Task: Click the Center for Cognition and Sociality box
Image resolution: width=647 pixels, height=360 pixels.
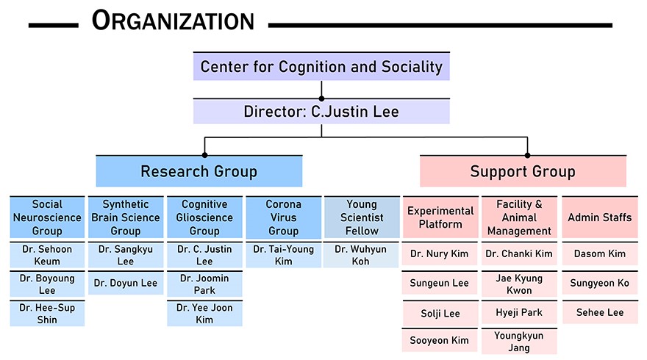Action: coord(321,68)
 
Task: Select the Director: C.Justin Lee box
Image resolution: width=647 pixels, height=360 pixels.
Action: coord(321,112)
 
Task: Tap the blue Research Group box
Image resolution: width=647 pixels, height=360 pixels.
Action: coord(199,172)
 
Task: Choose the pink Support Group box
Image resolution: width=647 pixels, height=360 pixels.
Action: coord(523,172)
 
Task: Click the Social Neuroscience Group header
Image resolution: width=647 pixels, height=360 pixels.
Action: coord(47,217)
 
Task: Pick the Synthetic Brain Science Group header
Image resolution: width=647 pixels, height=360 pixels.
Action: coord(126,217)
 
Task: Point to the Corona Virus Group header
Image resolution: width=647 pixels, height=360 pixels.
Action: coord(283,217)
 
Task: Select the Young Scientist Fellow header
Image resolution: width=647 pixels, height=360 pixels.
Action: coord(362,217)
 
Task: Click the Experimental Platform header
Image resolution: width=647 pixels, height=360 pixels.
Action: coord(440,217)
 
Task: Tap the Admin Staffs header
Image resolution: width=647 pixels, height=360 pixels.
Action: coord(600,217)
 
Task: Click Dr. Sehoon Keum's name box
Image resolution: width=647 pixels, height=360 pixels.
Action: coord(47,255)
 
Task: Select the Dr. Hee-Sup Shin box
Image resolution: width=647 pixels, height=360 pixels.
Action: coord(47,314)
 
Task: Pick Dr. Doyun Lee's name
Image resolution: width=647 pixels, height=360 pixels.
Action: coord(126,284)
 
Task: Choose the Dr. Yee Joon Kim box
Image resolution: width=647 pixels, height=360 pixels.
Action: coord(204,314)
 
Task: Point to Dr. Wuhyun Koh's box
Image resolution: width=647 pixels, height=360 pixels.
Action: coord(362,255)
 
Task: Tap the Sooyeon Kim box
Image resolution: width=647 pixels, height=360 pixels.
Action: coord(440,340)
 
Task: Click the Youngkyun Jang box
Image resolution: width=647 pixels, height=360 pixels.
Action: coord(519,342)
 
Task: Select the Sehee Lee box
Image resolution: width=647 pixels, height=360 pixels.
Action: coord(600,312)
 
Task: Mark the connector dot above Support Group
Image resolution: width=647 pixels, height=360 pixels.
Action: coord(527,154)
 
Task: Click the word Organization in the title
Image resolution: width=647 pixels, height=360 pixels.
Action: coord(174,21)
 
